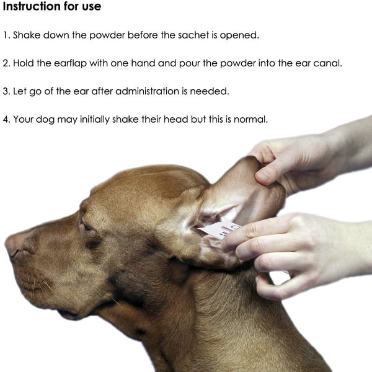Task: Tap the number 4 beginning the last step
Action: (x=6, y=119)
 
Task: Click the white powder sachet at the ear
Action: (x=221, y=231)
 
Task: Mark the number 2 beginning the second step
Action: (x=6, y=63)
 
